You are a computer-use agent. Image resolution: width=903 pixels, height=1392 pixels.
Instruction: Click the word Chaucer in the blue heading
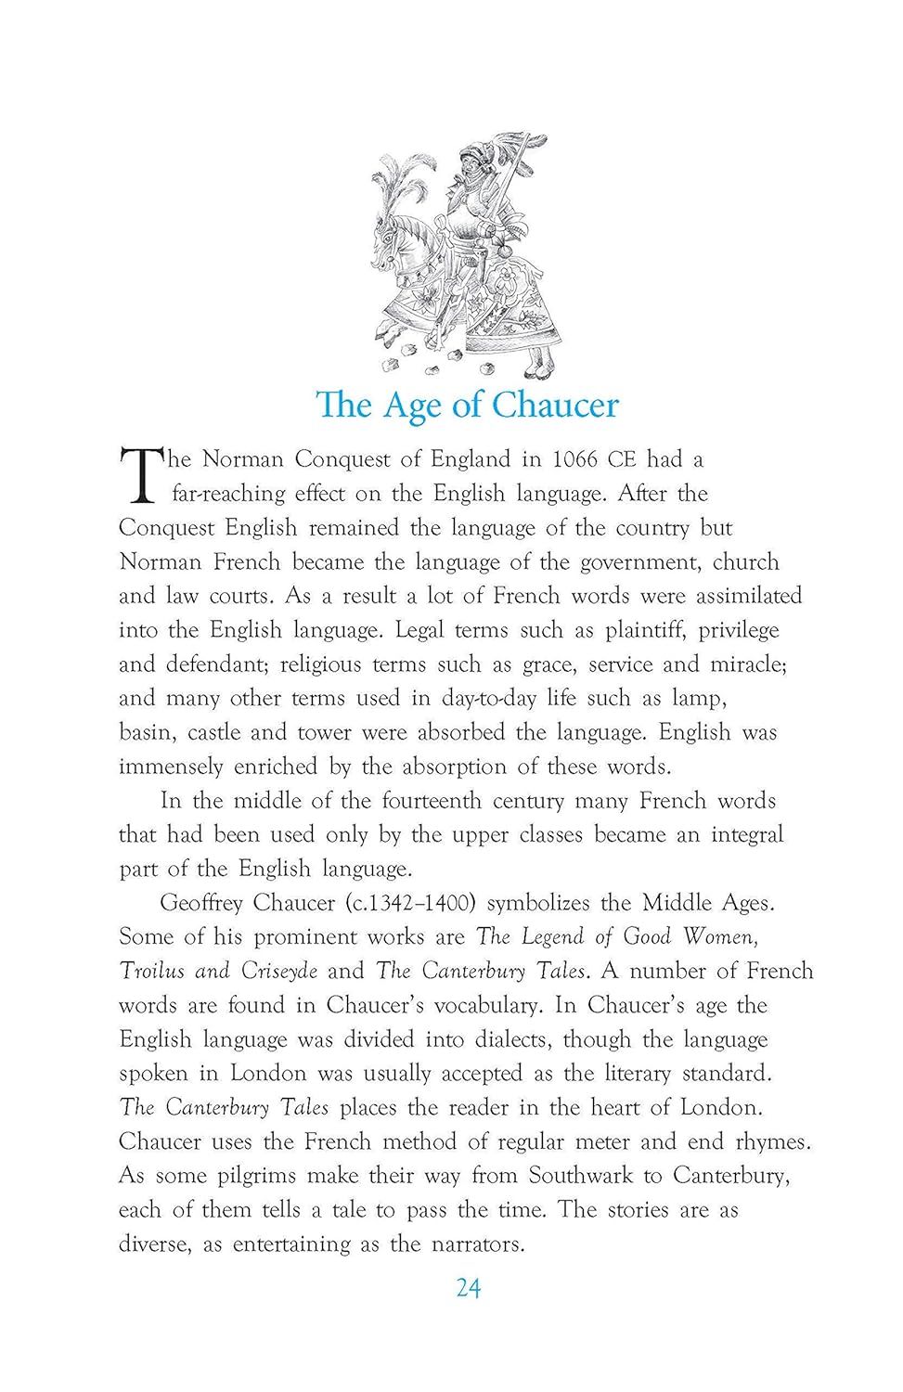tap(554, 406)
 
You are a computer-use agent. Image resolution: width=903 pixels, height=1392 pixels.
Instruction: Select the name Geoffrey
tap(200, 904)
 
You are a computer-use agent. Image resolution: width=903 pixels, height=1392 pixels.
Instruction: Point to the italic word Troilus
tap(153, 972)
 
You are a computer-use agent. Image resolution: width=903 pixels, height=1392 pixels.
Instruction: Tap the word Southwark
tap(581, 1176)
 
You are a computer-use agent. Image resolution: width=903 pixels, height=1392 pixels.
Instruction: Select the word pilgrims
tap(251, 1177)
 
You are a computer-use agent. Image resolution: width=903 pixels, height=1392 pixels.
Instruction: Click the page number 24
tap(468, 1288)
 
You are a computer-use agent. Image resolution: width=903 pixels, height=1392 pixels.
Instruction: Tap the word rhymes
tap(770, 1142)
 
